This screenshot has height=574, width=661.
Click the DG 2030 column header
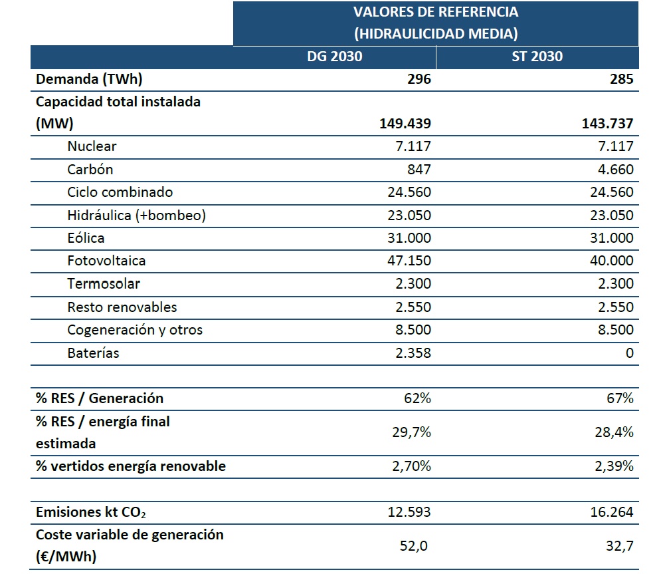coord(335,57)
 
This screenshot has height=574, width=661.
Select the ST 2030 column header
coord(537,57)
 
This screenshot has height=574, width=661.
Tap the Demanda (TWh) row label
coord(89,79)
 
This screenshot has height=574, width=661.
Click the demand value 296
coord(419,79)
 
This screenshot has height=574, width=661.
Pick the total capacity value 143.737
coord(607,124)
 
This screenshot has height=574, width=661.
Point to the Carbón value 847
coord(419,170)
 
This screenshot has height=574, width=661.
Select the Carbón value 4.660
coord(615,170)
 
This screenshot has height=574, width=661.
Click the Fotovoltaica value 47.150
coord(409,261)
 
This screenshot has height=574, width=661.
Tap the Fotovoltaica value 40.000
coord(612,261)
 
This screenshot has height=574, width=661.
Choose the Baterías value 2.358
coord(413,353)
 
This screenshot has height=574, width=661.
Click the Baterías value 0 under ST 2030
coord(629,353)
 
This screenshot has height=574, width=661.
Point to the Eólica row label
coord(86,238)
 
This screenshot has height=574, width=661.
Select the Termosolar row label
coord(104,283)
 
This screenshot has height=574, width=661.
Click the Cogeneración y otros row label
coord(135,330)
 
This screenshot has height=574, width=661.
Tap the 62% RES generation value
coord(417,398)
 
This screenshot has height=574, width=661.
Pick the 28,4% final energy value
coord(614,432)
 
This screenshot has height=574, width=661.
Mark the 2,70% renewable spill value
coord(411,466)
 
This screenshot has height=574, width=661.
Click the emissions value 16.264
coord(612,512)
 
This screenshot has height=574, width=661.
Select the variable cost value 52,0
coord(413,546)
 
